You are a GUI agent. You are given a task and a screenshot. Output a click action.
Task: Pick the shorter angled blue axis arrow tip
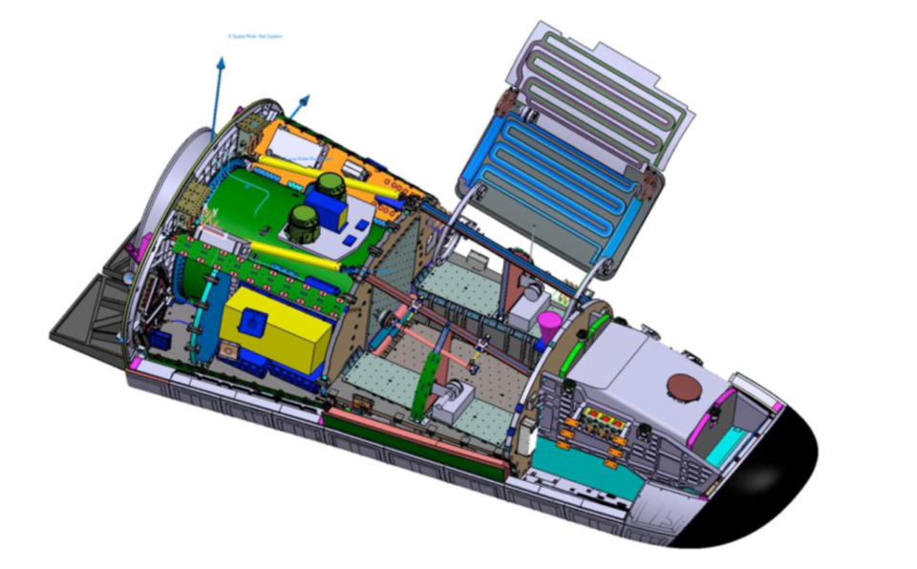pos(306,97)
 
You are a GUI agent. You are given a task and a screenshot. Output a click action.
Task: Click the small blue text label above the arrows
pos(255,36)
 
